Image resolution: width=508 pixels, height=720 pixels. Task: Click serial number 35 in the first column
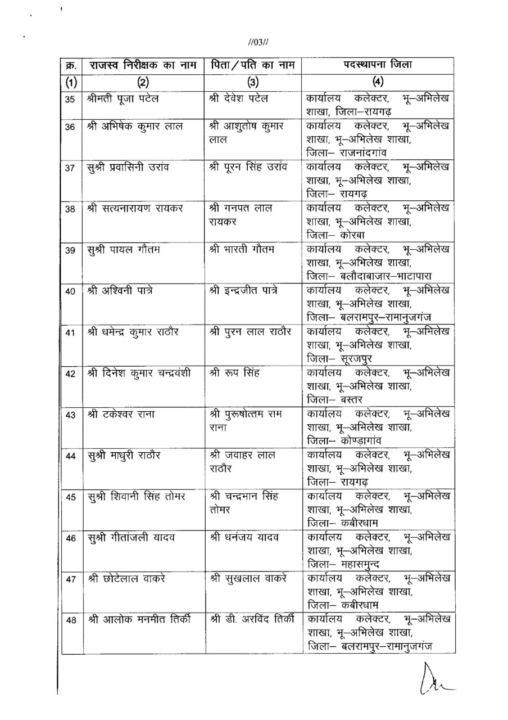click(70, 100)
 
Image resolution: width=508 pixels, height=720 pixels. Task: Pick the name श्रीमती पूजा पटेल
click(123, 99)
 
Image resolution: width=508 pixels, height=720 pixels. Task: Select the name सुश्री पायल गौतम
click(124, 250)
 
